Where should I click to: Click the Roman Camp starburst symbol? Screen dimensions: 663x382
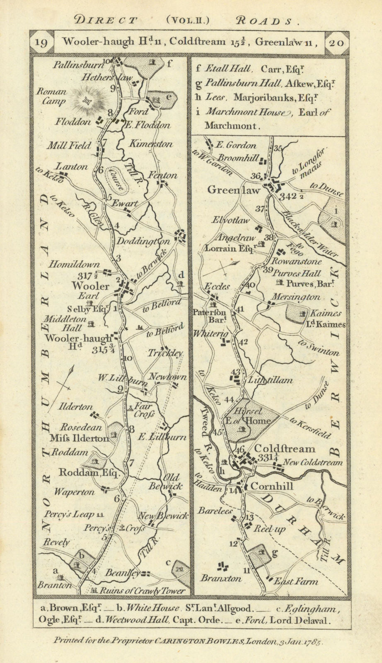[x=87, y=99]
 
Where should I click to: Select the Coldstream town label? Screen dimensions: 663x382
[x=284, y=449]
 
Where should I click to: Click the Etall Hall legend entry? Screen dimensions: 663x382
[x=223, y=70]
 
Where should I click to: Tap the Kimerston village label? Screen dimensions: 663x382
[x=150, y=144]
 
